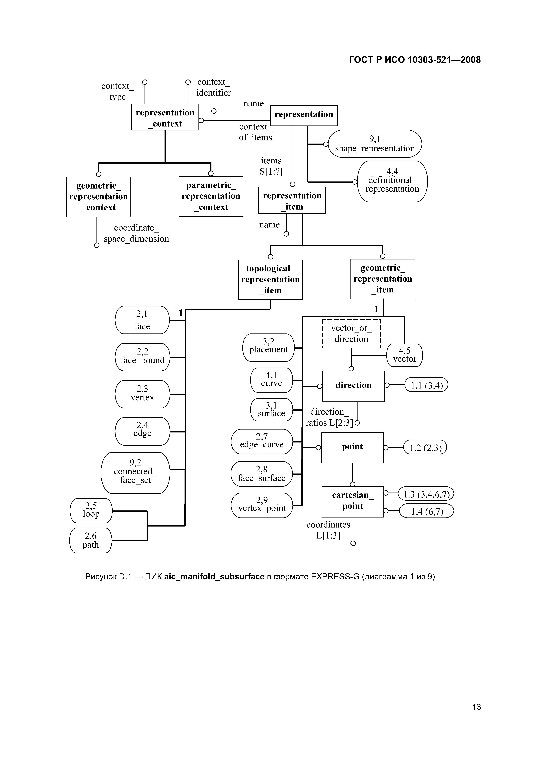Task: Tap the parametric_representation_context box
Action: pyautogui.click(x=211, y=196)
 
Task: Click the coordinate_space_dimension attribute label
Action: pyautogui.click(x=136, y=233)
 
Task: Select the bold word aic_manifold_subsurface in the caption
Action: pyautogui.click(x=214, y=577)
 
